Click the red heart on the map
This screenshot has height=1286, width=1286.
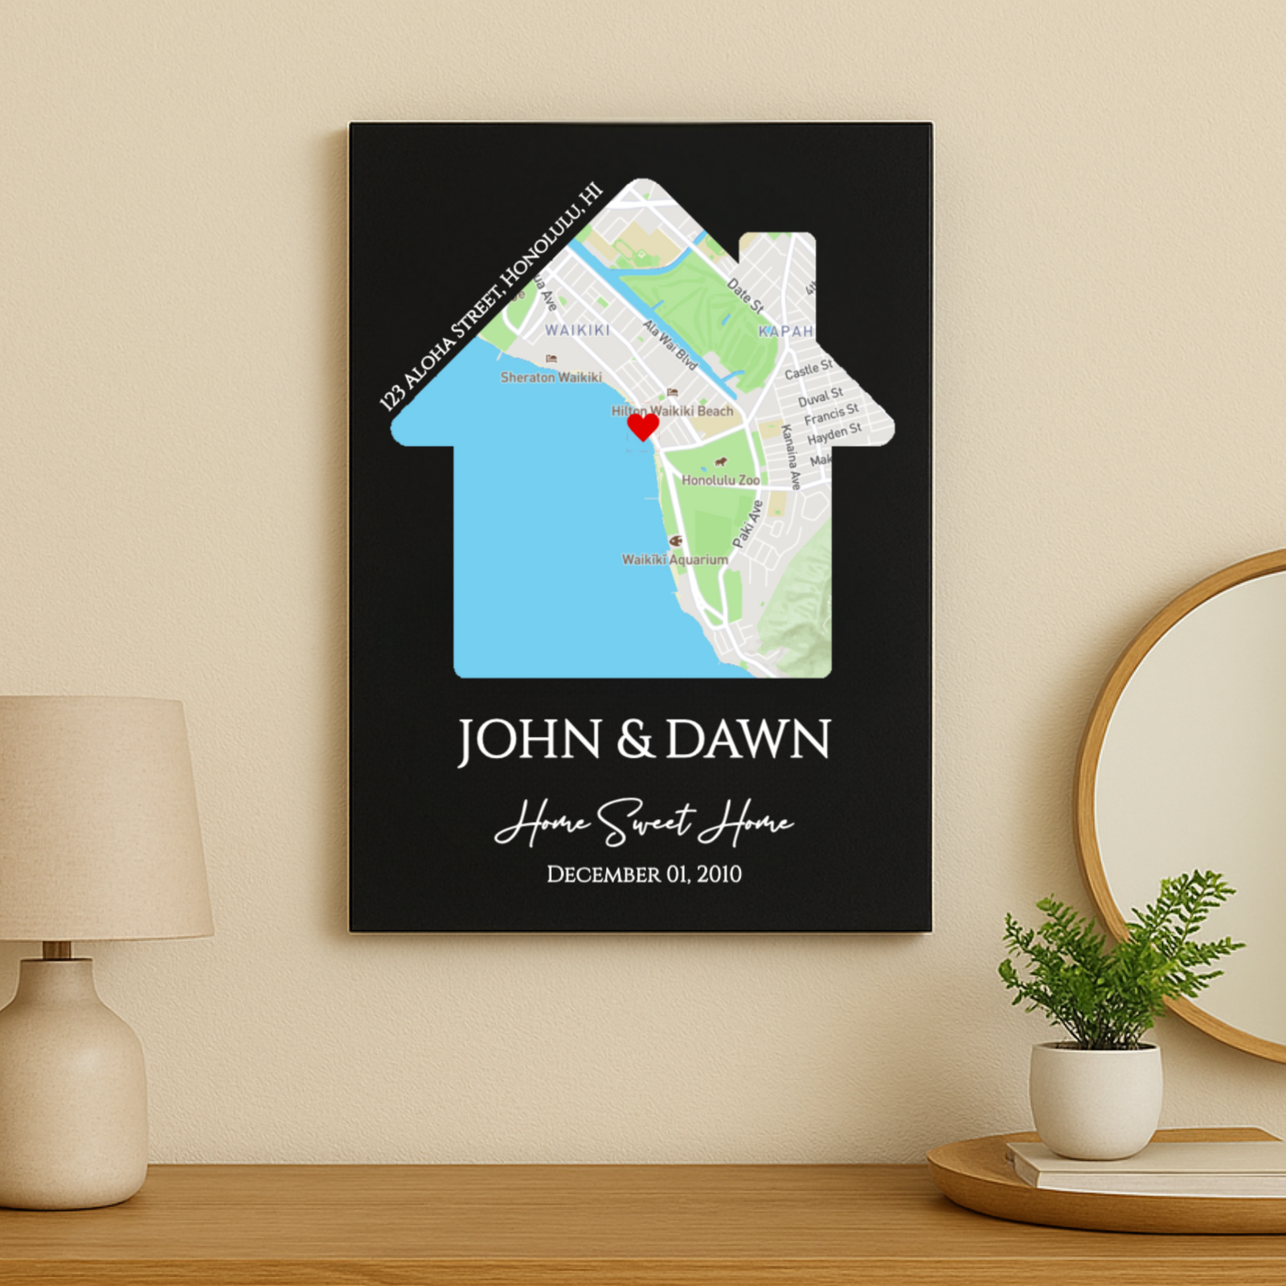(642, 425)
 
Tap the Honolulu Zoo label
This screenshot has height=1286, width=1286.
(720, 480)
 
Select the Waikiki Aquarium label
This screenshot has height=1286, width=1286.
(675, 559)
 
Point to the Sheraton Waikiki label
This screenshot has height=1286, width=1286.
(551, 377)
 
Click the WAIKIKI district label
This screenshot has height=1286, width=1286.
(577, 330)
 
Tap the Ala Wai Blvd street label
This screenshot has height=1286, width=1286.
(670, 345)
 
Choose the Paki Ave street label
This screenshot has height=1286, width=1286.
(747, 524)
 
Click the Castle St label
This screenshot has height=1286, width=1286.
(808, 370)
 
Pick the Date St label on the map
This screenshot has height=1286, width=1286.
(744, 295)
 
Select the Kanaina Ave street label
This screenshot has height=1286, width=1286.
(791, 457)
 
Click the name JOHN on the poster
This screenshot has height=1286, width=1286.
(530, 740)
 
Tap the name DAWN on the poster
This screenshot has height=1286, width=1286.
(748, 740)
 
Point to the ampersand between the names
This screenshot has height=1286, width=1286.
(635, 740)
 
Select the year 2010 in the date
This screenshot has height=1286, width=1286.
(719, 874)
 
